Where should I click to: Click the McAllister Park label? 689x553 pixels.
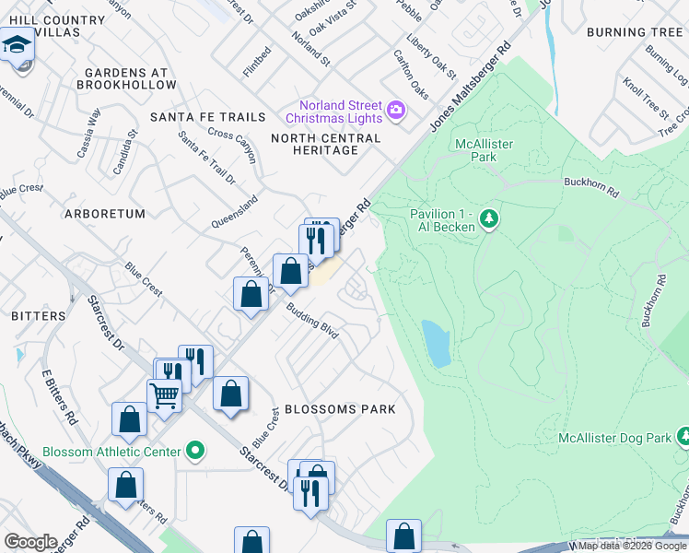(x=484, y=150)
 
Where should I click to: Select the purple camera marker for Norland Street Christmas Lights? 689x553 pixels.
(x=397, y=111)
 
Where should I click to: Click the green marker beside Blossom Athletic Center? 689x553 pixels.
(x=194, y=452)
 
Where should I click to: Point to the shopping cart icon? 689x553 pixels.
(x=164, y=396)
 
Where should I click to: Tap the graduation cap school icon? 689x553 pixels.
(x=16, y=44)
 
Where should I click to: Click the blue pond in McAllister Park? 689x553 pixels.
(x=436, y=343)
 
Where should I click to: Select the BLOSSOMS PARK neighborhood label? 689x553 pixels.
(x=340, y=409)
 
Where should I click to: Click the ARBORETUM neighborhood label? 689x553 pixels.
(x=105, y=214)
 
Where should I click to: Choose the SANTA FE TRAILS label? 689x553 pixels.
(x=207, y=117)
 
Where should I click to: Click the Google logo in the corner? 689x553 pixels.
(x=30, y=542)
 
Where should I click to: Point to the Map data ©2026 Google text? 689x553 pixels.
(x=631, y=546)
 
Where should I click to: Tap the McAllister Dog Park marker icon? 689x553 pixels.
(x=683, y=433)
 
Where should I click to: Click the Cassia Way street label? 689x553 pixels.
(x=89, y=133)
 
